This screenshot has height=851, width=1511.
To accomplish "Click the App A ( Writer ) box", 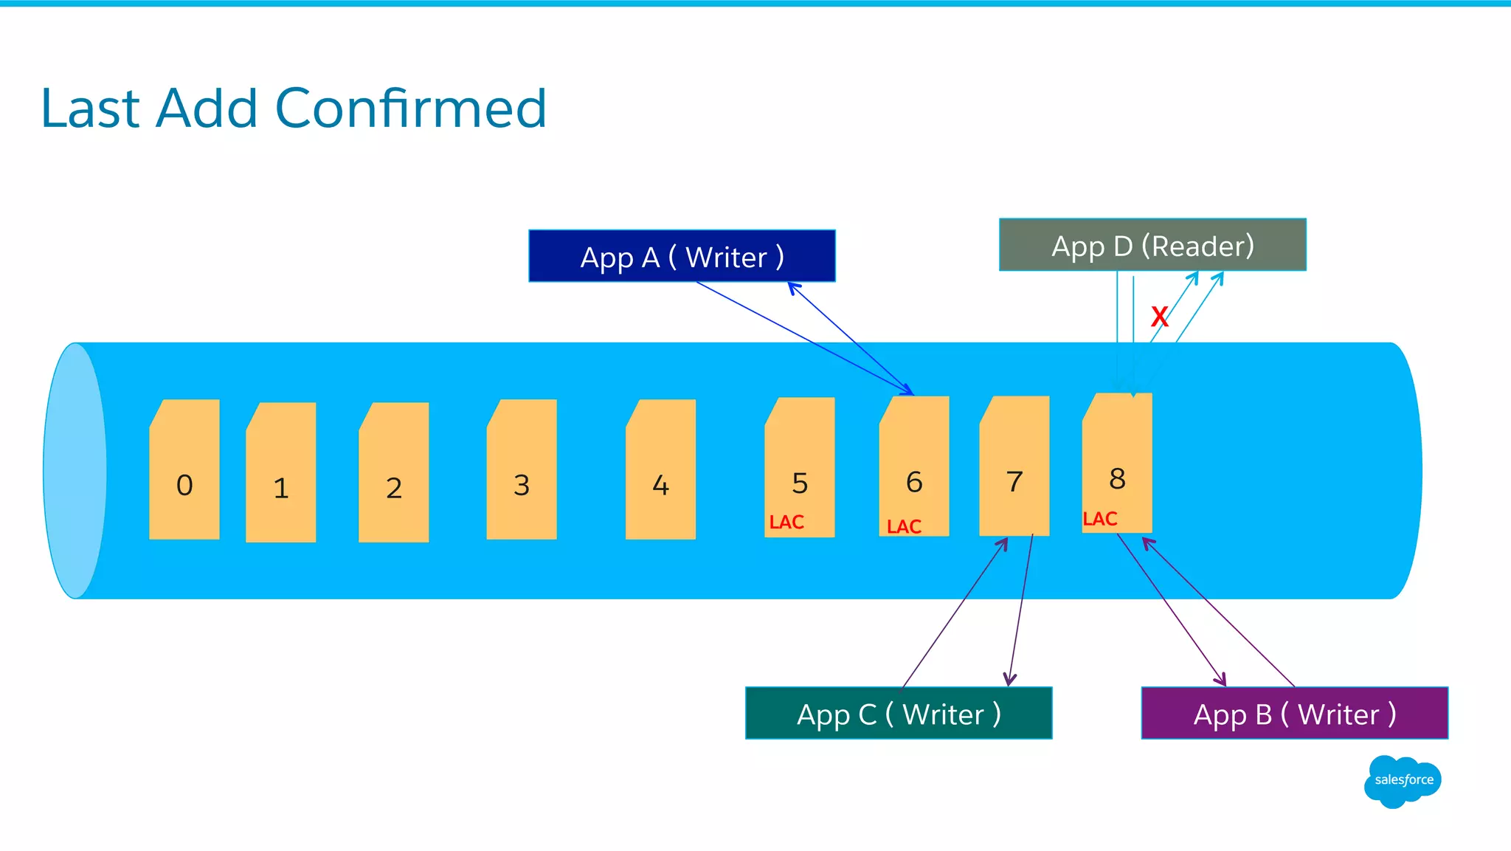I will [x=682, y=256].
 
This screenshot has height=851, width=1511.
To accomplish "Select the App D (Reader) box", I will [x=1152, y=245].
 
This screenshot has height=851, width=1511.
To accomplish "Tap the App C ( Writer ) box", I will [x=899, y=713].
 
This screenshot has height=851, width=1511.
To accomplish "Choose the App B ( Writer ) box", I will [x=1294, y=713].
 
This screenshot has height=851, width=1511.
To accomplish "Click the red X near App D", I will [x=1159, y=317].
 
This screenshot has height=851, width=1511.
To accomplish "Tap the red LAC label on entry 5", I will [x=786, y=523].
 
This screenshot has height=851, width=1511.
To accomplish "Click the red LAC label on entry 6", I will [x=904, y=526].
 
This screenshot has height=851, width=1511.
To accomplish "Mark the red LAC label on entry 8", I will [x=1099, y=519].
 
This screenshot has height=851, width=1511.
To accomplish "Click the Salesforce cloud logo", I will [x=1403, y=780].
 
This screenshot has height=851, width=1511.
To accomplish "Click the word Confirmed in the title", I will [x=410, y=108].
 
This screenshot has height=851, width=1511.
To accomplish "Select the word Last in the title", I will [x=90, y=108].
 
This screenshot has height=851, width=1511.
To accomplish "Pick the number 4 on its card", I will [x=660, y=485].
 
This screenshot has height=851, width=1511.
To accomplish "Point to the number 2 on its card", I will [x=393, y=488].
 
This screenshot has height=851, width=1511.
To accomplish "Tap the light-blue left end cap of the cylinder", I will [x=75, y=470].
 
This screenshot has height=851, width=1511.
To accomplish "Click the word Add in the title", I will [x=207, y=108].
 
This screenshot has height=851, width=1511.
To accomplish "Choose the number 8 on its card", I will [x=1117, y=478].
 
